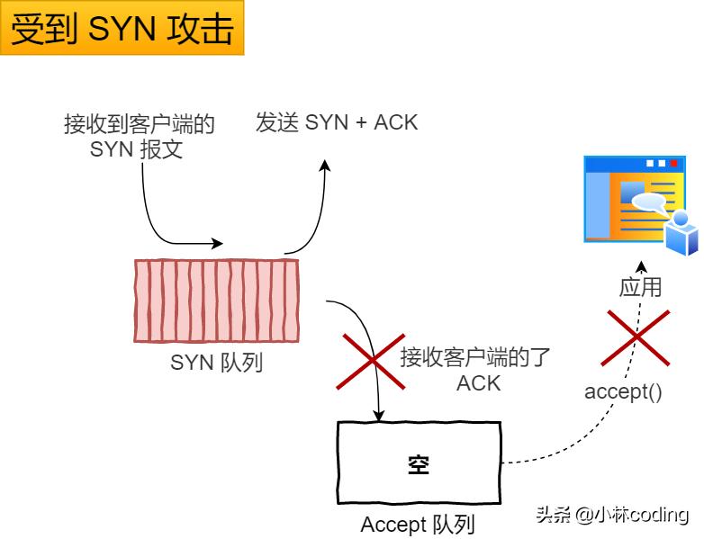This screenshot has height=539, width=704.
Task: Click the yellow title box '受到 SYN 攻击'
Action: coord(122,29)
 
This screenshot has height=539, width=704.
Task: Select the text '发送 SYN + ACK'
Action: coord(337,122)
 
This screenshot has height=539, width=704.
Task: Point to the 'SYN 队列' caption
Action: coord(216,364)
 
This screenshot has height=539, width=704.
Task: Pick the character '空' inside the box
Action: coord(419,465)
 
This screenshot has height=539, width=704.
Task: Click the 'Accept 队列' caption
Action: coord(418,525)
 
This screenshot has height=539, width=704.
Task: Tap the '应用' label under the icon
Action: coord(640,287)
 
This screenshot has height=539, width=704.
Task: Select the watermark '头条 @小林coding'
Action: coord(612,515)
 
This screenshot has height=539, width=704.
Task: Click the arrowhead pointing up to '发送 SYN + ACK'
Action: coord(326,166)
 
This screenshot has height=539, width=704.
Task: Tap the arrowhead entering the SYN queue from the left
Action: coord(217,243)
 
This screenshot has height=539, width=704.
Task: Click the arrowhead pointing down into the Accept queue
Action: coord(379,416)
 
